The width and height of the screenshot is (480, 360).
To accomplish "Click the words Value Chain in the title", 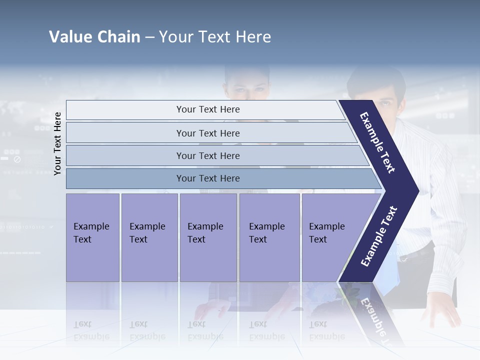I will [x=94, y=37].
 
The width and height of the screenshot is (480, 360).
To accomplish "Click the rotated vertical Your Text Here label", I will [x=58, y=143].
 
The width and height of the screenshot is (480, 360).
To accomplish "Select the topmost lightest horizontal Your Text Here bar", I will [x=207, y=109].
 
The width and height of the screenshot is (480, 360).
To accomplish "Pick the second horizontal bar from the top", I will [x=207, y=133].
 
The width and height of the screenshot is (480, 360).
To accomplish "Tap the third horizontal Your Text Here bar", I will [x=207, y=155].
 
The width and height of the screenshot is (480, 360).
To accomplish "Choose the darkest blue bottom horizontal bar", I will [x=207, y=178].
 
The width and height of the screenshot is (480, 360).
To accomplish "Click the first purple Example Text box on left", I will [x=92, y=237].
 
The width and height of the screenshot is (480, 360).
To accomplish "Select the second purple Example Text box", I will [x=149, y=237].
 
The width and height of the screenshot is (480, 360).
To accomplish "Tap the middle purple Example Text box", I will [x=208, y=237].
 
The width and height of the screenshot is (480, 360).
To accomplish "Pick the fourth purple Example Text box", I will [x=269, y=237].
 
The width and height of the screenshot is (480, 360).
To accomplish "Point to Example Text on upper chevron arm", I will [x=377, y=142].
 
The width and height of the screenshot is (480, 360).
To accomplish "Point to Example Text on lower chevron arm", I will [x=379, y=236].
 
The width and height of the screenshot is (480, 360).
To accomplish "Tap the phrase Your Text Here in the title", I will [x=215, y=37].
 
